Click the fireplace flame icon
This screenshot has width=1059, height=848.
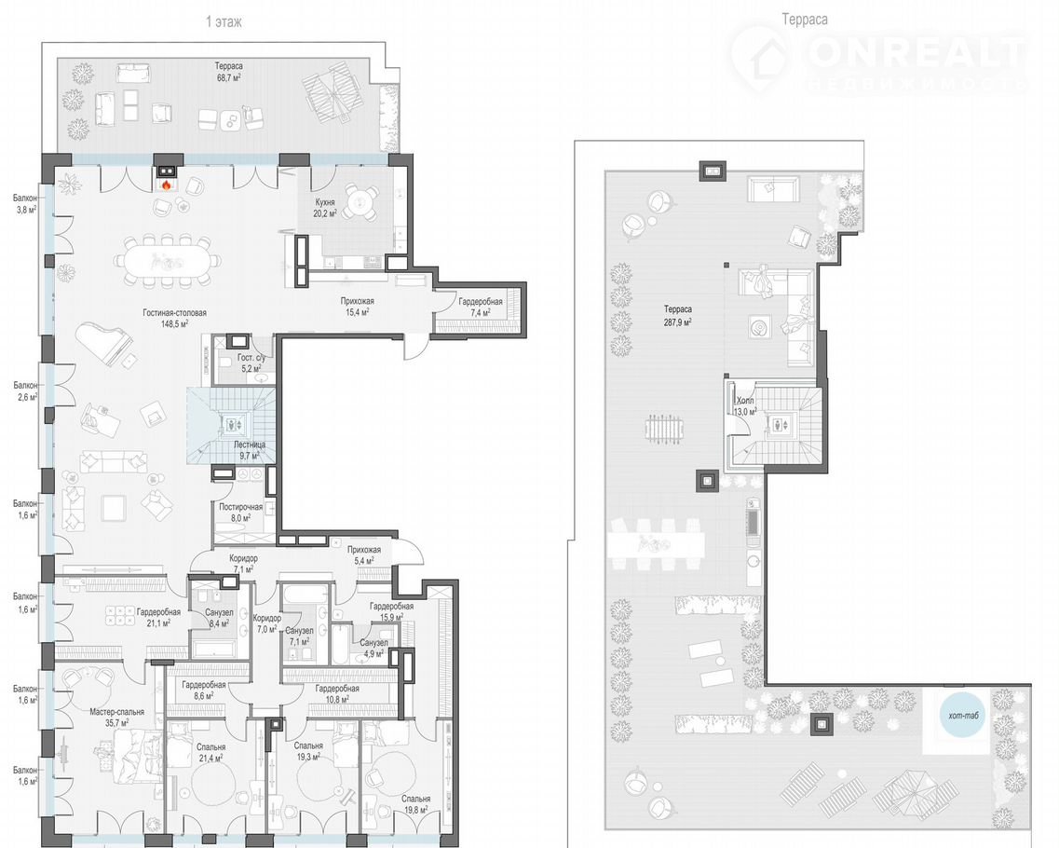(x=166, y=184)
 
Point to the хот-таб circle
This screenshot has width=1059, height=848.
(x=963, y=716)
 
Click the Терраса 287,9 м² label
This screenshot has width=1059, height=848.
(x=677, y=316)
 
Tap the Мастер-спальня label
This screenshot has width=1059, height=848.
(x=116, y=717)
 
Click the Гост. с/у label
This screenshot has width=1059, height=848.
(x=255, y=362)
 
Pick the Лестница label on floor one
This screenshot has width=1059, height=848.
(x=250, y=451)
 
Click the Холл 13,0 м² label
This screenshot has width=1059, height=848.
(x=745, y=406)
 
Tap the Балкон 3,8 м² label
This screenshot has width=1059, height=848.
(x=26, y=203)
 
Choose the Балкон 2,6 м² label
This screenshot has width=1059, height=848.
(x=26, y=391)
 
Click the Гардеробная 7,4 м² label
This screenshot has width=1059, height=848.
(x=481, y=308)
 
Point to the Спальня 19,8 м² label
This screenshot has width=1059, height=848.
(x=415, y=804)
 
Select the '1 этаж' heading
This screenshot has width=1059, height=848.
(x=224, y=21)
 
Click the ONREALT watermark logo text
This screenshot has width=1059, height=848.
(x=917, y=53)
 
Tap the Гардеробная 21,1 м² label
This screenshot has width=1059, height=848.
(x=158, y=618)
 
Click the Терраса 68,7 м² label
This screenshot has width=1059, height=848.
(x=229, y=72)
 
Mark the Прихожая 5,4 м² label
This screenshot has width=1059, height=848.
(x=364, y=554)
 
